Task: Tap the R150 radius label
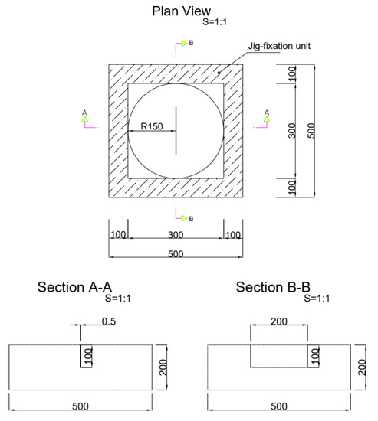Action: coord(144,126)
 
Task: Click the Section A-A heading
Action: coord(79,288)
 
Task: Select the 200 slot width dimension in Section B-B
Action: coord(279,322)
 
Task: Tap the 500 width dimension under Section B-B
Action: coord(279,406)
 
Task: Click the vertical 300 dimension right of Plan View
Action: coord(291,132)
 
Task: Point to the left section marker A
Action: coord(85,116)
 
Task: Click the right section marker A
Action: coord(266,116)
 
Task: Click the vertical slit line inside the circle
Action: coord(176,131)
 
